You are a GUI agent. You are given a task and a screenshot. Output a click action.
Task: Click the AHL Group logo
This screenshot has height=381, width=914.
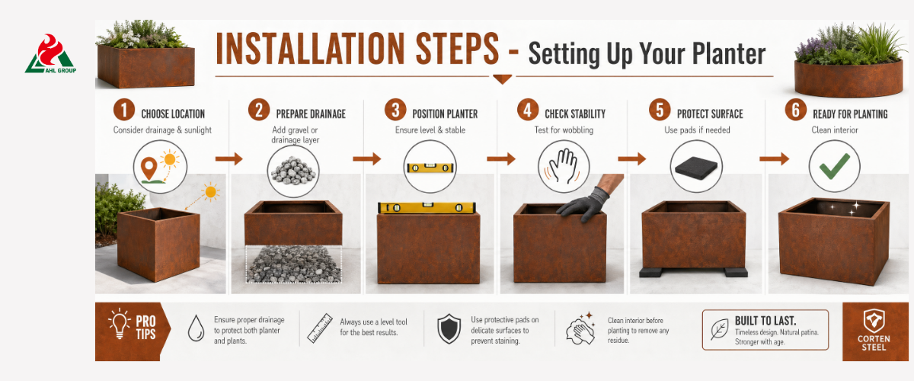[50, 53]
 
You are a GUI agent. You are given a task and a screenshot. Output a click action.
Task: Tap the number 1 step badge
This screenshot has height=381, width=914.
[124, 110]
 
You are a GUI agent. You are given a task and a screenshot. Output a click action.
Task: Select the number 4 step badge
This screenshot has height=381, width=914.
[528, 110]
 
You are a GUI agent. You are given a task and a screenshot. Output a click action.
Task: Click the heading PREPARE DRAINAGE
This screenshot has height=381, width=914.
[311, 114]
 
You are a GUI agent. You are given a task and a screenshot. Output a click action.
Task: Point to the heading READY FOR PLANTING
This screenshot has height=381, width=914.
[850, 114]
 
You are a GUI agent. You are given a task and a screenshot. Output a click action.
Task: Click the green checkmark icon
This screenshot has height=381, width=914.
[835, 166]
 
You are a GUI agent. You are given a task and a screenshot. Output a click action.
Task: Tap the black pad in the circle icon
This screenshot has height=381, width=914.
[696, 168]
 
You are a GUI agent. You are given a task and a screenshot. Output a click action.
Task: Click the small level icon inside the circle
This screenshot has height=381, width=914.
[430, 168]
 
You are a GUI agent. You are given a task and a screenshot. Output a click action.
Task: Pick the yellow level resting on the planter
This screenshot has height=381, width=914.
[427, 207]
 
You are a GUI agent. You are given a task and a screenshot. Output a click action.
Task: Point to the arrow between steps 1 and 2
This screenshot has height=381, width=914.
[229, 158]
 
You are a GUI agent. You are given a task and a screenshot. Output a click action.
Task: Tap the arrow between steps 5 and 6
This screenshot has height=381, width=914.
[774, 158]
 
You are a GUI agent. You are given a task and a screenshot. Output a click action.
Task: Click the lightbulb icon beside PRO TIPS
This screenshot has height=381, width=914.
[119, 323]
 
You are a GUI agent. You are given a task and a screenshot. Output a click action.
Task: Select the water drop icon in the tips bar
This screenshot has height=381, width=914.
[196, 328]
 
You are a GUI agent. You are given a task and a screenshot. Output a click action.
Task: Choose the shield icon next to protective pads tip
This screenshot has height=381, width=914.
[449, 328]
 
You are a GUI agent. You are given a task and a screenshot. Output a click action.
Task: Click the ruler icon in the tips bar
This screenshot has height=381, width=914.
[320, 328]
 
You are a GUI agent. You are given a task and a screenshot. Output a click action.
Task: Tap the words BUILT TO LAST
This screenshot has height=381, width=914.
[765, 321]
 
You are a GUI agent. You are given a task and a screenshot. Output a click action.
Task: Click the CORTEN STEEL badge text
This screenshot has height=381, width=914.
[874, 343]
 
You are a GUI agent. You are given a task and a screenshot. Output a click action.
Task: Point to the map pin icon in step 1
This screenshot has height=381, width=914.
[149, 168]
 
